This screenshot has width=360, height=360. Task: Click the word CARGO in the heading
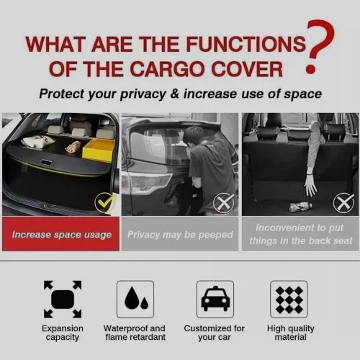tap(168, 69)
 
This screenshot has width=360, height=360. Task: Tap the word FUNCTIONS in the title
tap(246, 44)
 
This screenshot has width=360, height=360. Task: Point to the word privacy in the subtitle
tap(143, 94)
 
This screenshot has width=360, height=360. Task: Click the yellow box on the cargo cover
tap(98, 150)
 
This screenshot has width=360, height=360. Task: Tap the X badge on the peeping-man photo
tap(223, 203)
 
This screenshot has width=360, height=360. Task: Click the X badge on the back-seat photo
tap(343, 203)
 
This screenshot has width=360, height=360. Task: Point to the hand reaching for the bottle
tap(312, 188)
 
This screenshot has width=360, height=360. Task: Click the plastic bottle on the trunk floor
tap(301, 207)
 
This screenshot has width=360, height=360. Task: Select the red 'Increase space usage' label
tap(60, 234)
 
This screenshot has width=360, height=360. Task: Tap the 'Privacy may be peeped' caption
tap(180, 235)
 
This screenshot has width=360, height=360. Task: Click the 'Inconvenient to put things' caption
tap(300, 234)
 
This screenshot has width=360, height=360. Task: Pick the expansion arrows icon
tap(63, 300)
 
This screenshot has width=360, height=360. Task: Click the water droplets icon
tap(135, 300)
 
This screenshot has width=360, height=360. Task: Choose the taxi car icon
tap(215, 300)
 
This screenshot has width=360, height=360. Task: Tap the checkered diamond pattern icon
tap(289, 300)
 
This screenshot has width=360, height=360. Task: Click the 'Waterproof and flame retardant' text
tap(135, 333)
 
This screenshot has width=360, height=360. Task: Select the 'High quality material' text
tap(291, 333)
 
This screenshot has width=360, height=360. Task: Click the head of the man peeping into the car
tap(193, 137)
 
